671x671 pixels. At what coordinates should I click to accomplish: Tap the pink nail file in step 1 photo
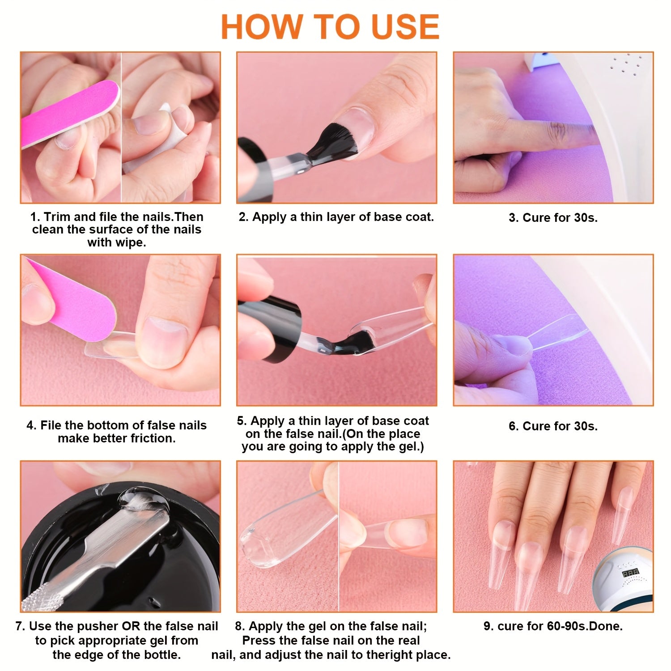click(x=67, y=114)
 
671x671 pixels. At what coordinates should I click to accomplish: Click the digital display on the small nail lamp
click(x=630, y=573)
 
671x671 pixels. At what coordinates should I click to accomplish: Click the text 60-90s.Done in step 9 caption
click(x=585, y=626)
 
